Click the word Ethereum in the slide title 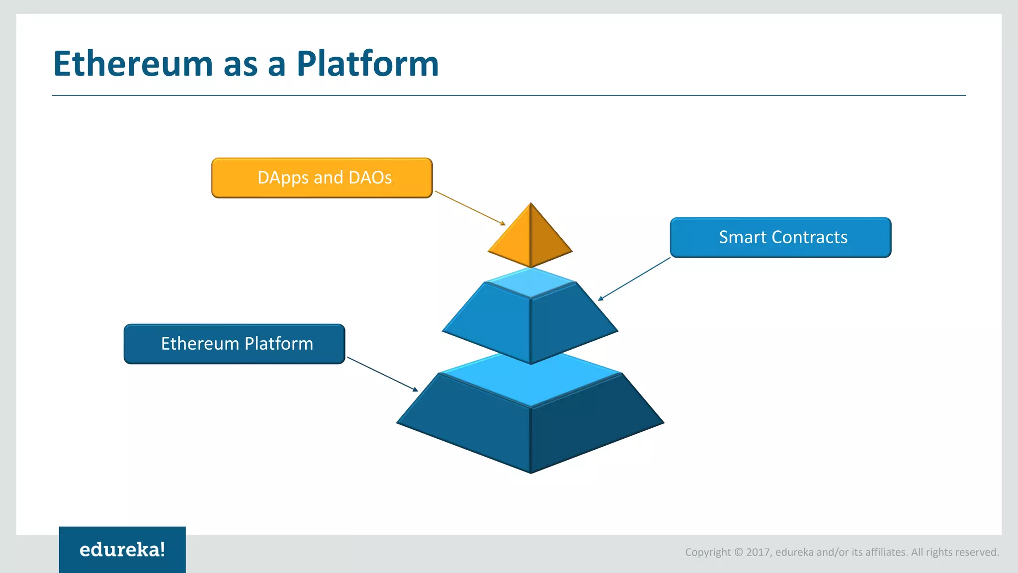133,64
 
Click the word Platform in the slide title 367,64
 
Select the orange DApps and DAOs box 322,178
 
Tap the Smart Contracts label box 780,237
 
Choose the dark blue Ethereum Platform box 234,344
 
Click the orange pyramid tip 530,239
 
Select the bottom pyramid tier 530,428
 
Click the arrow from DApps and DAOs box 470,208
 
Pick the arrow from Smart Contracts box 634,279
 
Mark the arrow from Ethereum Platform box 382,374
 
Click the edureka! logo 122,550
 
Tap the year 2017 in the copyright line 758,552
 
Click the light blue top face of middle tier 530,283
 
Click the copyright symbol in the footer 738,552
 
